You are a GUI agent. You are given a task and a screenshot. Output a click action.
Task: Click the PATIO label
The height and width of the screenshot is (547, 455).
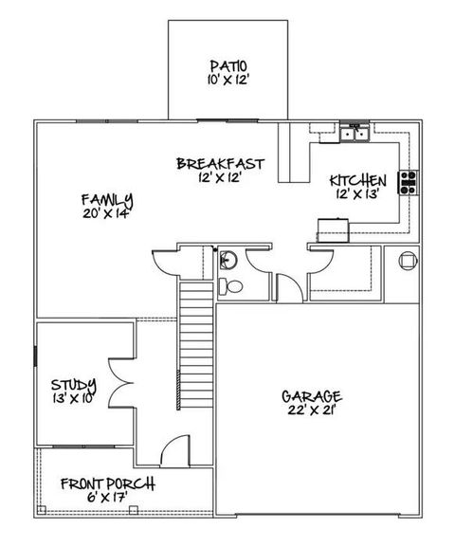228,65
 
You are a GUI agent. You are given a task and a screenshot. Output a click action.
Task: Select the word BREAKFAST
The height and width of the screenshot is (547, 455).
220,164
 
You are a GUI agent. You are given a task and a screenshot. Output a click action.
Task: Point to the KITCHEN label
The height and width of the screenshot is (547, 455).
357,180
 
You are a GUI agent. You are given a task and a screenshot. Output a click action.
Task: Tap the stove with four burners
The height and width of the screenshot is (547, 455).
409,181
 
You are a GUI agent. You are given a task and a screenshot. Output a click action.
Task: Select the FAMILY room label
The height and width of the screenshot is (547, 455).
105,200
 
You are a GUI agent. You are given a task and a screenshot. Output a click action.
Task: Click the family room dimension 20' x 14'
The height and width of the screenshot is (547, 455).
105,213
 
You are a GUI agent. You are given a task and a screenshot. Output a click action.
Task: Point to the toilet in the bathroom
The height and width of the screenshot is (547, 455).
227,286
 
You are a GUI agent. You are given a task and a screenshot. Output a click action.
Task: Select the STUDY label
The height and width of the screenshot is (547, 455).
73,384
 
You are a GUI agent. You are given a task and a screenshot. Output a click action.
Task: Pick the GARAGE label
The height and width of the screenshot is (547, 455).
311,396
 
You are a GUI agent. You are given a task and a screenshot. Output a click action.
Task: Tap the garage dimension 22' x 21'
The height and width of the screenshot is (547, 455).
311,410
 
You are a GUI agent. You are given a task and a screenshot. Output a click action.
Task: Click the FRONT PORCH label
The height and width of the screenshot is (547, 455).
107,483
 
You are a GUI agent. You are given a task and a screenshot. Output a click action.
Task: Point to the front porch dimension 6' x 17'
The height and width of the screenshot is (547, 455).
107,498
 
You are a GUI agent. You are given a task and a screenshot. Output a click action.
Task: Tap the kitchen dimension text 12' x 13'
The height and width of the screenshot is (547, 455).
356,194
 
